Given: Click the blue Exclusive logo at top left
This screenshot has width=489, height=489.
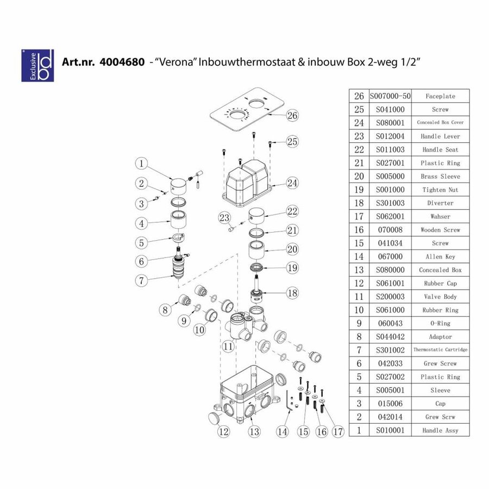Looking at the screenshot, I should click(x=37, y=66).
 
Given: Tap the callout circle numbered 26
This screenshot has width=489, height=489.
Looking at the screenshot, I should click(x=292, y=115).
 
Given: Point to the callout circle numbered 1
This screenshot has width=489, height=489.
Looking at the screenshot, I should click(x=141, y=163).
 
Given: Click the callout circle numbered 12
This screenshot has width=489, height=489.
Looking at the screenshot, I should click(x=223, y=432).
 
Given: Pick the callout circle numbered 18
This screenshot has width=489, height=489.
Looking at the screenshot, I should click(x=292, y=293).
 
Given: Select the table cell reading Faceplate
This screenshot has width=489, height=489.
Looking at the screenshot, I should click(x=440, y=96).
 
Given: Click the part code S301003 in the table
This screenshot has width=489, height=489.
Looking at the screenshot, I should click(x=390, y=203).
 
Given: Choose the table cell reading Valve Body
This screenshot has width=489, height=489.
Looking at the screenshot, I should click(x=440, y=297).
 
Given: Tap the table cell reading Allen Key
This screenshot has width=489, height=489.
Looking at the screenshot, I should click(x=440, y=256).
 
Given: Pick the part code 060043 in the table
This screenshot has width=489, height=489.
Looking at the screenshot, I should click(x=390, y=323).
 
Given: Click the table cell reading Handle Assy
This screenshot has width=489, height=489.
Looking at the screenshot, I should click(x=440, y=430).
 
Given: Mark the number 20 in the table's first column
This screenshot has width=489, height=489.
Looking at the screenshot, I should click(x=359, y=176).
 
